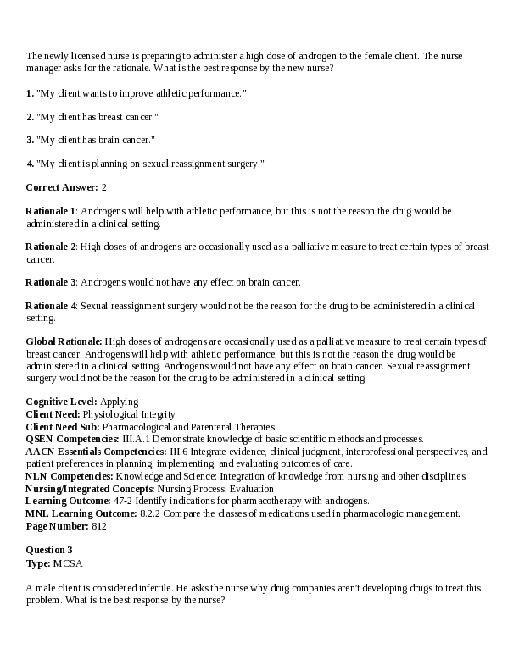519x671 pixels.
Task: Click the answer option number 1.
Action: pyautogui.click(x=30, y=92)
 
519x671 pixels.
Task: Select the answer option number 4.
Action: pyautogui.click(x=30, y=163)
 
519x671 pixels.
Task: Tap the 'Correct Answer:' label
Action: pyautogui.click(x=62, y=186)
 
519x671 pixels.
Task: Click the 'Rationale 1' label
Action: pyautogui.click(x=51, y=210)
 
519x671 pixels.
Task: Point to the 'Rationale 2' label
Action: pyautogui.click(x=51, y=247)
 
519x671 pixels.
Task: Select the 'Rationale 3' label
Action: pyautogui.click(x=51, y=281)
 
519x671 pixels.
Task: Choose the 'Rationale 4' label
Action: pyautogui.click(x=51, y=305)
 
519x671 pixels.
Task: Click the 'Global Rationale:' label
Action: pyautogui.click(x=64, y=341)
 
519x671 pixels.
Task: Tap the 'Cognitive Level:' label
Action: pyautogui.click(x=61, y=402)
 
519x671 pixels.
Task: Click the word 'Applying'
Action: pyautogui.click(x=120, y=402)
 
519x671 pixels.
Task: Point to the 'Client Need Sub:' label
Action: pyautogui.click(x=64, y=427)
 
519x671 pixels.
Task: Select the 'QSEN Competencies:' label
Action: pyautogui.click(x=72, y=439)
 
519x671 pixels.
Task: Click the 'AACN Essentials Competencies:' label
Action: pyautogui.click(x=96, y=452)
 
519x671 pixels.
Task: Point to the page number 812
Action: pyautogui.click(x=99, y=526)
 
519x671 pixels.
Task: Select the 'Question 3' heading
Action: pyautogui.click(x=49, y=550)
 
